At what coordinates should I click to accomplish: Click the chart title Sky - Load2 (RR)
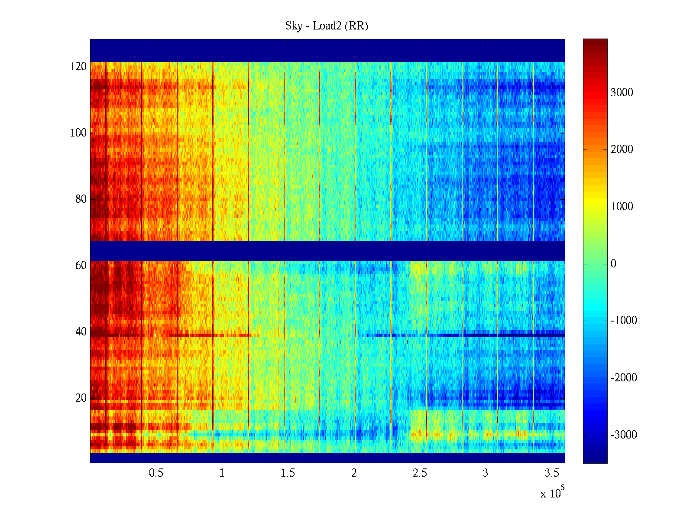[x=327, y=26]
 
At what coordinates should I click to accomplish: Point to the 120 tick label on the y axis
[x=78, y=67]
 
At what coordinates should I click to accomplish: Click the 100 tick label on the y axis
[x=78, y=133]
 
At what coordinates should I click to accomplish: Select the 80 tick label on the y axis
[x=81, y=199]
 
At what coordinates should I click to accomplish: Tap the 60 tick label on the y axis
[x=81, y=266]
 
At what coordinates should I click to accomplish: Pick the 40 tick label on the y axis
[x=81, y=332]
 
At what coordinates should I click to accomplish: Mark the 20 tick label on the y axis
[x=81, y=398]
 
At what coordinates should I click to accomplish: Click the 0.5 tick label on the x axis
[x=156, y=473]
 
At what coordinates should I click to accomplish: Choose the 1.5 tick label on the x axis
[x=288, y=473]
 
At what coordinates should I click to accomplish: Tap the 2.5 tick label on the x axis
[x=420, y=473]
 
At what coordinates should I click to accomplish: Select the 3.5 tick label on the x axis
[x=552, y=473]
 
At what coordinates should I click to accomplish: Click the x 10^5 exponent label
[x=552, y=493]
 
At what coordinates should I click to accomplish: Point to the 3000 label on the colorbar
[x=622, y=93]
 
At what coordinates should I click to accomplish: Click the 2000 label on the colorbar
[x=622, y=149]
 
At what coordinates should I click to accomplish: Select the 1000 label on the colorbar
[x=622, y=207]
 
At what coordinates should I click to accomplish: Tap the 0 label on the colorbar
[x=613, y=264]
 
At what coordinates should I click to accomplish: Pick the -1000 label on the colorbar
[x=624, y=321]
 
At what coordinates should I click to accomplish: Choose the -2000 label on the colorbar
[x=624, y=378]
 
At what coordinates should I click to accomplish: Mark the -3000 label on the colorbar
[x=624, y=435]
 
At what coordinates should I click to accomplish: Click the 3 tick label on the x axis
[x=486, y=473]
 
